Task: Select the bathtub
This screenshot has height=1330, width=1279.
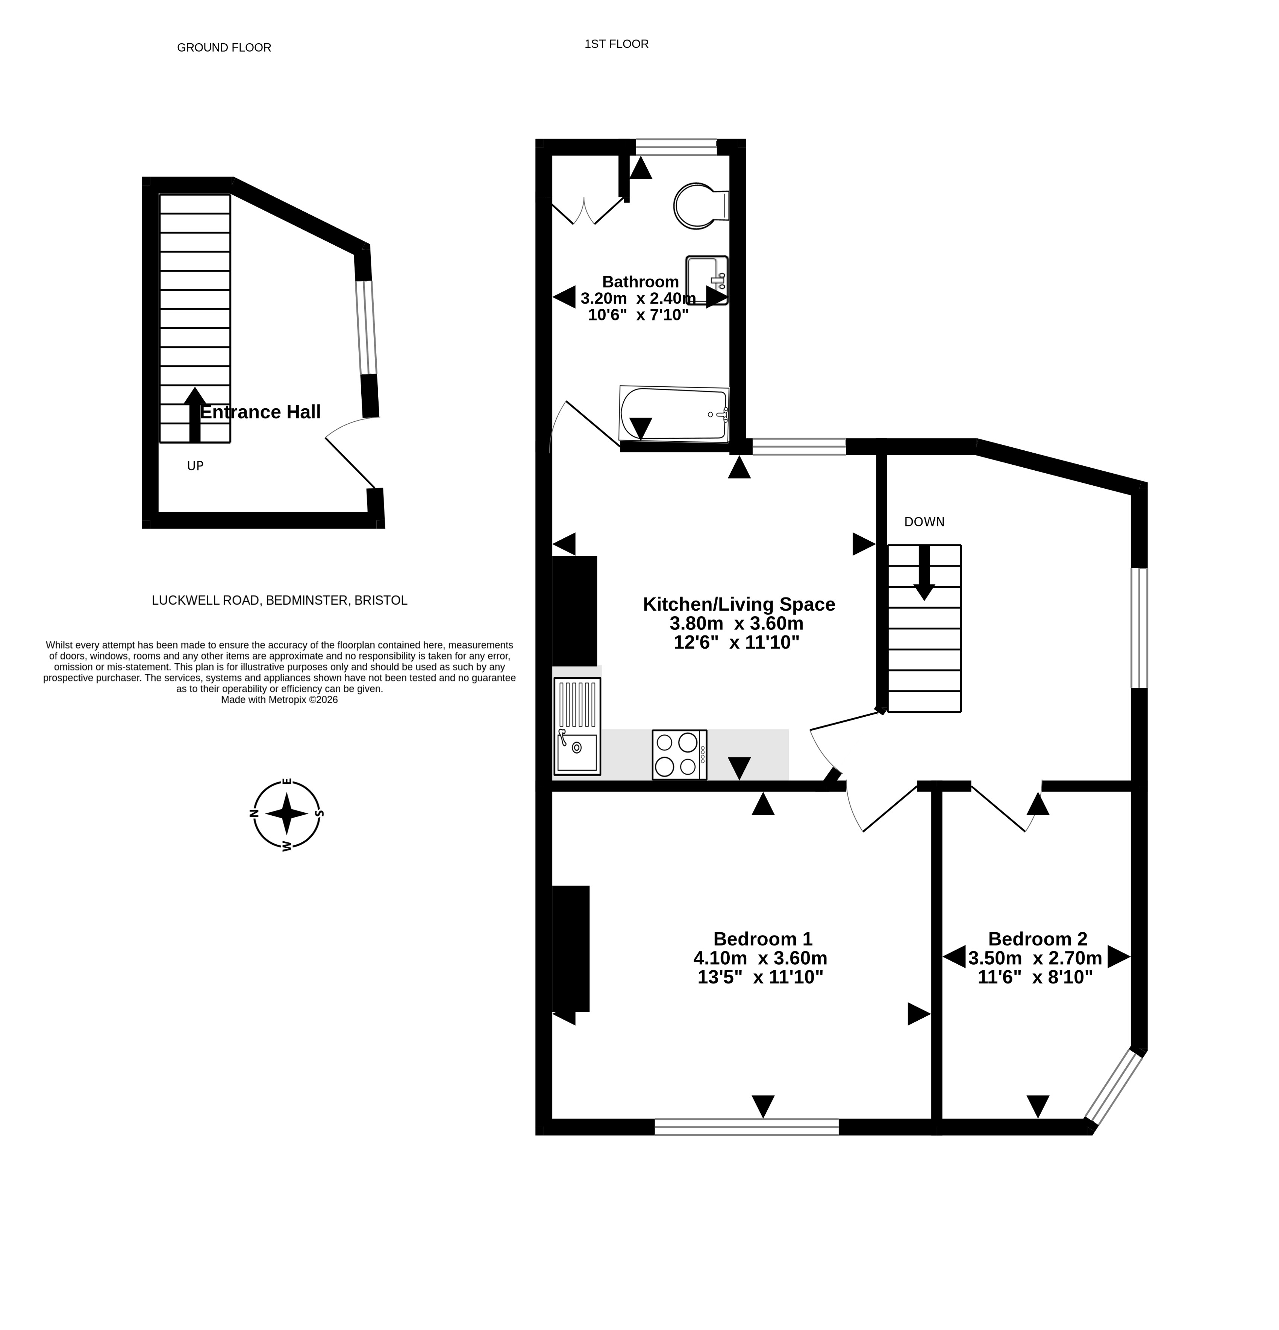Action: coord(673,414)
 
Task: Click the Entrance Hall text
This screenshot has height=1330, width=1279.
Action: coord(261,412)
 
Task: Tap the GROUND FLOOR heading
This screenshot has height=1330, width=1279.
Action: coord(224,47)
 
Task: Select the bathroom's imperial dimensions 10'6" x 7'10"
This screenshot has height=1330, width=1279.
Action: coord(638,315)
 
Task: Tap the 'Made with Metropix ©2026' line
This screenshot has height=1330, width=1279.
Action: coord(279,699)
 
